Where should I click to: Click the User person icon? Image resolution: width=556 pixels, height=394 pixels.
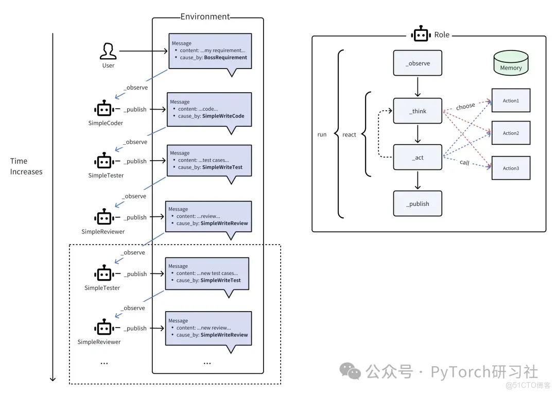tap(108, 52)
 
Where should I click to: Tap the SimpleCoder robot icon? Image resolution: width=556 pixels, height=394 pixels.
tap(104, 109)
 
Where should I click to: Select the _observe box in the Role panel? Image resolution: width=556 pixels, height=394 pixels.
tap(418, 63)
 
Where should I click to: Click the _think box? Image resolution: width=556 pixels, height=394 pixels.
tap(418, 111)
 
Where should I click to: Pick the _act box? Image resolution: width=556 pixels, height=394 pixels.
tap(418, 157)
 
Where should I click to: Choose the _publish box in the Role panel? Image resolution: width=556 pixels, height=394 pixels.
tap(418, 203)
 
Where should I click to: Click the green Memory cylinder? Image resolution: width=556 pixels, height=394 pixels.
tap(511, 63)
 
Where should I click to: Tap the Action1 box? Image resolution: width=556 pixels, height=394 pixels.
tap(511, 100)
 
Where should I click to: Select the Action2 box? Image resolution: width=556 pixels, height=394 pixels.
tap(511, 133)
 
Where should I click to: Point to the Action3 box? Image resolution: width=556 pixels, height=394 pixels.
tap(511, 168)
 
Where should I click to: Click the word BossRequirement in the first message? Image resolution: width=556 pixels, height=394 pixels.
tap(225, 58)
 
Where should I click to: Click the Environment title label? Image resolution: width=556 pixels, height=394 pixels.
tap(205, 16)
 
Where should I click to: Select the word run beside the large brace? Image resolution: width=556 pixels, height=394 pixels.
tap(322, 134)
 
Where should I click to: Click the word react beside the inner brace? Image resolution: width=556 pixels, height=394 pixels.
tap(350, 134)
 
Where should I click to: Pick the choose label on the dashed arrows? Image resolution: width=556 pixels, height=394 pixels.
tap(465, 106)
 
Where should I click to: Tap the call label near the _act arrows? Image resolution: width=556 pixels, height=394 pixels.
tap(464, 163)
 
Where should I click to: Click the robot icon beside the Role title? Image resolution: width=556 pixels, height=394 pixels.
tap(421, 34)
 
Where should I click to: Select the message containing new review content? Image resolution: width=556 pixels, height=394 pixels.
tap(208, 328)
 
